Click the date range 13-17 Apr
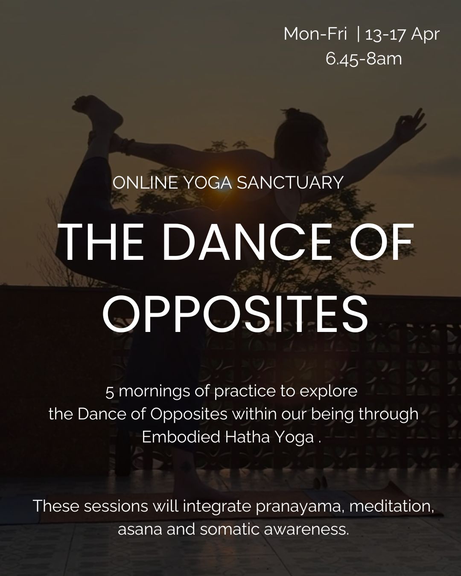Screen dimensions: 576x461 [402, 34]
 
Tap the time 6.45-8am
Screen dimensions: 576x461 [364, 58]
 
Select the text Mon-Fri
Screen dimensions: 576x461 [315, 34]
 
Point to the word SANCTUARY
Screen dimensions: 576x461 [290, 183]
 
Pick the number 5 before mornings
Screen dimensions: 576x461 [110, 392]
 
